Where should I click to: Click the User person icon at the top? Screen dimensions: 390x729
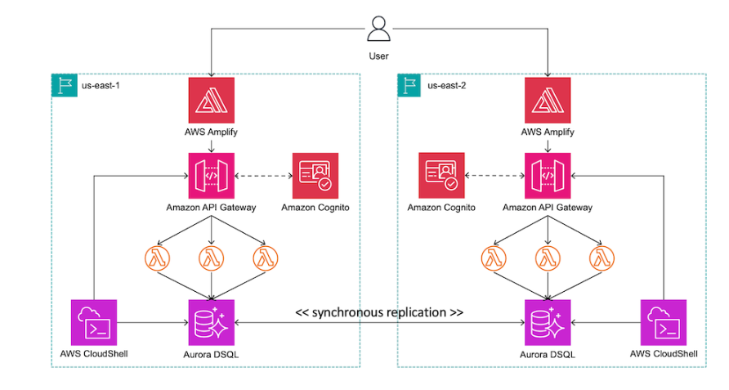[x=378, y=29]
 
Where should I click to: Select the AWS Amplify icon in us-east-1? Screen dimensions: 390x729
[x=212, y=101]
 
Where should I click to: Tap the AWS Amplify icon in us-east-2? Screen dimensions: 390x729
[x=548, y=101]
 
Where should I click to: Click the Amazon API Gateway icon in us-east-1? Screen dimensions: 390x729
[x=212, y=176]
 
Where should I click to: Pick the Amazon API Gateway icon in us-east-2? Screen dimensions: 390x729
[x=548, y=176]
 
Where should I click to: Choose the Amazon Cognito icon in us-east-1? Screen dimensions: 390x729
[x=315, y=176]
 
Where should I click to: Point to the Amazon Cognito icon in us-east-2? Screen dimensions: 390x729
[x=441, y=176]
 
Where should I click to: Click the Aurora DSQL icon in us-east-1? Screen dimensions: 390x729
[x=212, y=322]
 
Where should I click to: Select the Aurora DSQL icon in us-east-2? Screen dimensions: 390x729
[x=548, y=322]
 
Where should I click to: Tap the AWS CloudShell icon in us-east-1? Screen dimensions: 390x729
[x=94, y=322]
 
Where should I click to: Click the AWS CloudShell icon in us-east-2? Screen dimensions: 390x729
[x=664, y=322]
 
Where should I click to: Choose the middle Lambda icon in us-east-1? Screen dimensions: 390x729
[x=212, y=259]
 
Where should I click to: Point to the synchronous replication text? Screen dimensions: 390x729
[x=379, y=312]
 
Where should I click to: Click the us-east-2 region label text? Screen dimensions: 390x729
[x=445, y=85]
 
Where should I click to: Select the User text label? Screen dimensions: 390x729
[x=378, y=56]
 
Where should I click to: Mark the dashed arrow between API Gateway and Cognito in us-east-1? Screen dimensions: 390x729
[x=263, y=176]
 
